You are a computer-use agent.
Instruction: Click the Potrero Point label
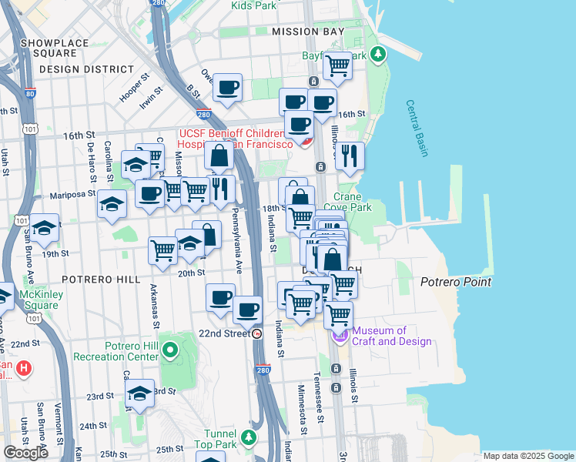pyautogui.click(x=456, y=282)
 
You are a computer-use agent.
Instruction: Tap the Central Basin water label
pyautogui.click(x=417, y=129)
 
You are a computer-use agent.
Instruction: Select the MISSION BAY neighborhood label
pyautogui.click(x=306, y=32)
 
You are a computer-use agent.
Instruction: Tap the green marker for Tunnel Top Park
pyautogui.click(x=248, y=438)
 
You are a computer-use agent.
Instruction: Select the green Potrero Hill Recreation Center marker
pyautogui.click(x=169, y=352)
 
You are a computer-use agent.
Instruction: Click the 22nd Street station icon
pyautogui.click(x=257, y=334)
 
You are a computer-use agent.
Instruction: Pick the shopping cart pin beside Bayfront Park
pyautogui.click(x=337, y=67)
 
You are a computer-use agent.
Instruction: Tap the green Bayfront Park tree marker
pyautogui.click(x=377, y=55)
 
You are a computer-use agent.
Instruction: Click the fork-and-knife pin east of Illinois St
pyautogui.click(x=350, y=156)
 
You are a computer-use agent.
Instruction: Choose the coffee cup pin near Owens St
pyautogui.click(x=227, y=88)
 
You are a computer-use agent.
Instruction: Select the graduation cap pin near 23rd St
pyautogui.click(x=139, y=394)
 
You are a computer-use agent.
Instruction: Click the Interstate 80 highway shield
pyautogui.click(x=30, y=94)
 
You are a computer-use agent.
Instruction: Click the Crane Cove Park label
pyautogui.click(x=352, y=202)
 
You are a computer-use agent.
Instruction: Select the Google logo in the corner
pyautogui.click(x=25, y=453)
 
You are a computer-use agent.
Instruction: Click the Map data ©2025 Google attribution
pyautogui.click(x=527, y=455)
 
